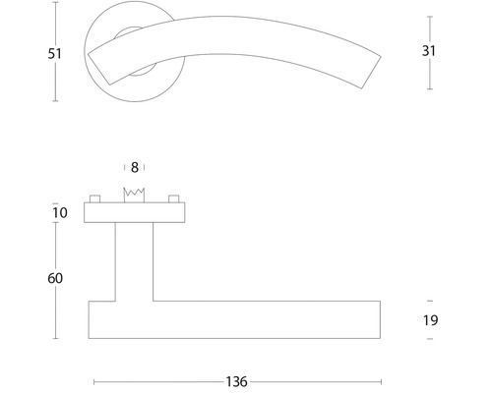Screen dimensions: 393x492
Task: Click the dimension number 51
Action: pyautogui.click(x=55, y=53)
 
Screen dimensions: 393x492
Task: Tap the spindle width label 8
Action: pyautogui.click(x=135, y=167)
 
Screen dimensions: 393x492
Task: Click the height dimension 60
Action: pyautogui.click(x=55, y=278)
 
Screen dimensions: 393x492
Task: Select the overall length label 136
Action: pyautogui.click(x=235, y=381)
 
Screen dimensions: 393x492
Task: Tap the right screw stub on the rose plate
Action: pyautogui.click(x=175, y=199)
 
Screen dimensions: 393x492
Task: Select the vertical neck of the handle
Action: pyautogui.click(x=134, y=260)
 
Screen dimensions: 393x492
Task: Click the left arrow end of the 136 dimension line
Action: pyautogui.click(x=93, y=381)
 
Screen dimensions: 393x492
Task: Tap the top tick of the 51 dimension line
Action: pyautogui.click(x=56, y=16)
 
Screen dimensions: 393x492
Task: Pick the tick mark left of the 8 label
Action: pyautogui.click(x=125, y=167)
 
